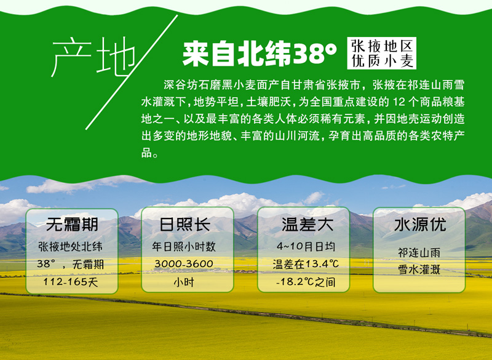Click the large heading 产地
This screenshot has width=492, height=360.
[x=93, y=57]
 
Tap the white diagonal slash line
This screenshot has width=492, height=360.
[x=132, y=72]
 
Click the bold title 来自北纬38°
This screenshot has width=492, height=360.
[x=260, y=54]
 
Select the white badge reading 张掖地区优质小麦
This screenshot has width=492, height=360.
[x=381, y=53]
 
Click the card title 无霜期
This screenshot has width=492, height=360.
[x=72, y=225]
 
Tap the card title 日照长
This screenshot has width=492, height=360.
[x=185, y=225]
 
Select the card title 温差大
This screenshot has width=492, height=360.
[x=307, y=225]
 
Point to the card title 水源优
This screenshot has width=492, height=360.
[x=420, y=225]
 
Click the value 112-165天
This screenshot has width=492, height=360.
[x=71, y=282]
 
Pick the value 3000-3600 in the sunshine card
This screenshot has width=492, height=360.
[x=184, y=263]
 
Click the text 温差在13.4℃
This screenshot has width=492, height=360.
[x=306, y=264]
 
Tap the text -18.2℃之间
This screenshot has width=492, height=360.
[x=306, y=282]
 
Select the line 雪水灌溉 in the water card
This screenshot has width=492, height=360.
[x=419, y=270]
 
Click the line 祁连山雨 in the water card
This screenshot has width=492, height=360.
[x=419, y=252]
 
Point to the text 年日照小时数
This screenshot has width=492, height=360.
[x=184, y=246]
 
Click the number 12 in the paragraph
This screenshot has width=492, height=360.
[x=399, y=102]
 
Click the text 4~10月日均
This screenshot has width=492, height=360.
[x=306, y=246]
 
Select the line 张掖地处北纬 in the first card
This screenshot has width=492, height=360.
[x=70, y=246]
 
